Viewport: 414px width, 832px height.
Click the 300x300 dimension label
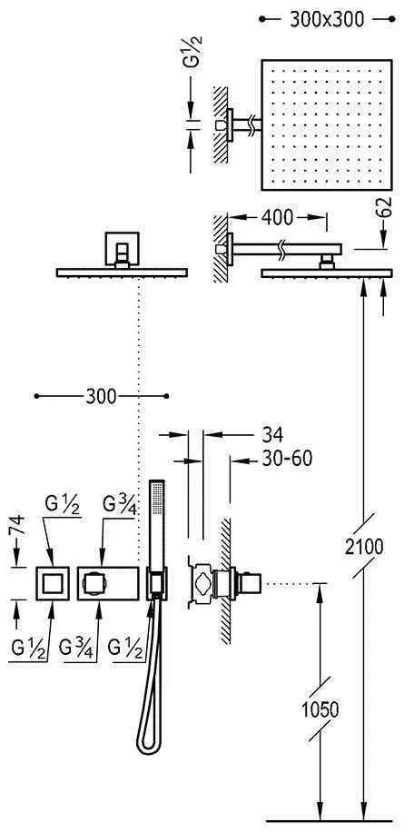point(327,19)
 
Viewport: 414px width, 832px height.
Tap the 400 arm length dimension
point(277,218)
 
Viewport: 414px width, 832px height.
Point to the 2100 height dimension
point(364,546)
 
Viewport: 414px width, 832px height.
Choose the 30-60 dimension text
point(287,459)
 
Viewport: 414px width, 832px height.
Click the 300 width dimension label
point(100,396)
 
